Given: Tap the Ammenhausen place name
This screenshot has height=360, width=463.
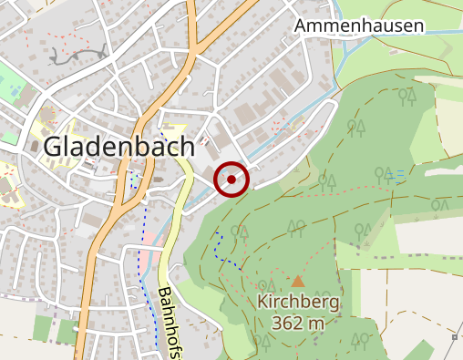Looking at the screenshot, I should (x=359, y=26).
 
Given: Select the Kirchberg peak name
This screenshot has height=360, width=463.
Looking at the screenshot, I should (x=298, y=303).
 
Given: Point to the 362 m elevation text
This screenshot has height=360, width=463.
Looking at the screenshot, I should (x=298, y=323).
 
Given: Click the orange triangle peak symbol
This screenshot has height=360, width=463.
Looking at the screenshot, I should (x=298, y=282).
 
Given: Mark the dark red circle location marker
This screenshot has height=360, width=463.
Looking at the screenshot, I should (x=231, y=180).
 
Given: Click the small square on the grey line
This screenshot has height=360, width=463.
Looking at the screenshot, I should (x=454, y=337).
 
